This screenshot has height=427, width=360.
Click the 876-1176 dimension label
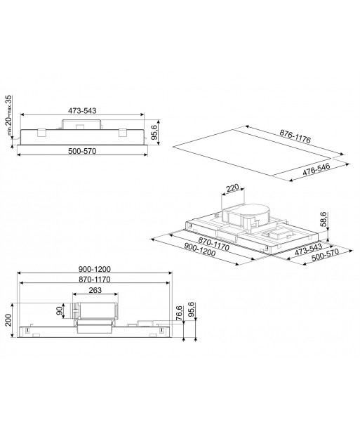tap(295, 136)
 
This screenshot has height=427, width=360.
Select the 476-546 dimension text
tap(316, 169)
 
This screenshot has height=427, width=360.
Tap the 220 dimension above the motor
tap(232, 188)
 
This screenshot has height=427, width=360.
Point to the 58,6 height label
tap(324, 219)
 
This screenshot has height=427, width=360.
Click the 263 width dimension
tap(95, 290)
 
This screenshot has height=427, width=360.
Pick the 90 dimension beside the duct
tap(60, 310)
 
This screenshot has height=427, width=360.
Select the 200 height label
tap(8, 320)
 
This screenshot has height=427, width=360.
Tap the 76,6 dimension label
tap(179, 313)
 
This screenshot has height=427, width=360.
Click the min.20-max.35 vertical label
tap(9, 115)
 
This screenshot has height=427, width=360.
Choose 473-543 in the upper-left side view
tap(82, 110)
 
